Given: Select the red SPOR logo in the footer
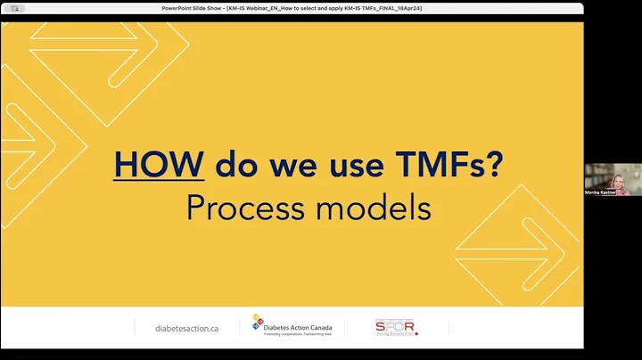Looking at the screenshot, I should [x=397, y=327].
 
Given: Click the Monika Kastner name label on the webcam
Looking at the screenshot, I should [x=601, y=192].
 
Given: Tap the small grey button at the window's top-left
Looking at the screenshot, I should [x=12, y=7].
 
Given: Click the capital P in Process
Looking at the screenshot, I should [x=196, y=208].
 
